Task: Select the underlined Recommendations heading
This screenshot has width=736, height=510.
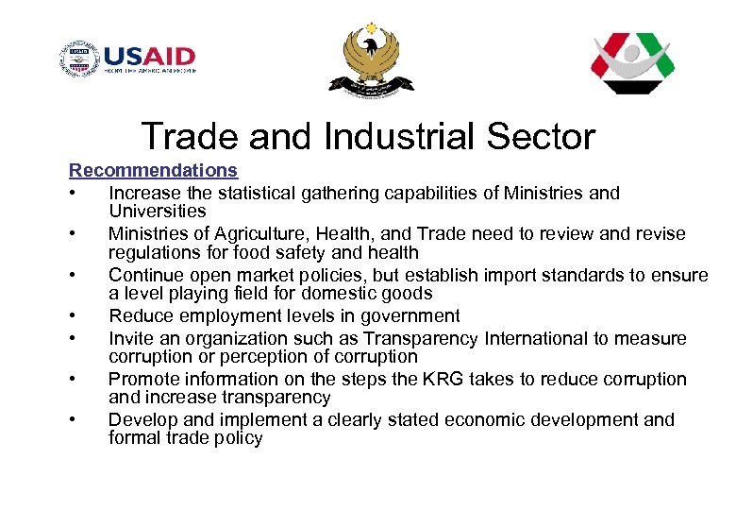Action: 153,171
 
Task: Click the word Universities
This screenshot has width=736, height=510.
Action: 157,212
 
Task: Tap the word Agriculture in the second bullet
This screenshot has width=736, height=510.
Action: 249,233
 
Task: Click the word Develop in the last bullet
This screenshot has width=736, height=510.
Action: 142,419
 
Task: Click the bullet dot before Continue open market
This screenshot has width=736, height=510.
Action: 72,276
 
